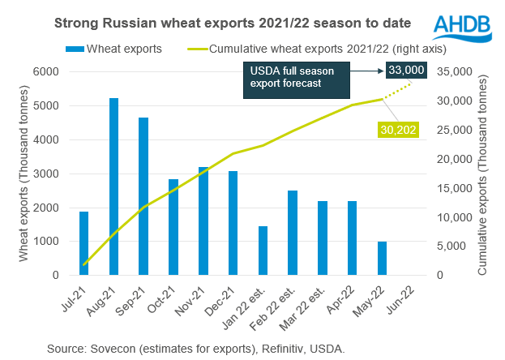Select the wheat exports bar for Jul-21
pyautogui.click(x=84, y=243)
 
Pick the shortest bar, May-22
pyautogui.click(x=382, y=259)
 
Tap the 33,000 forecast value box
pyautogui.click(x=406, y=71)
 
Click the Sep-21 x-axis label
pyautogui.click(x=141, y=298)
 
